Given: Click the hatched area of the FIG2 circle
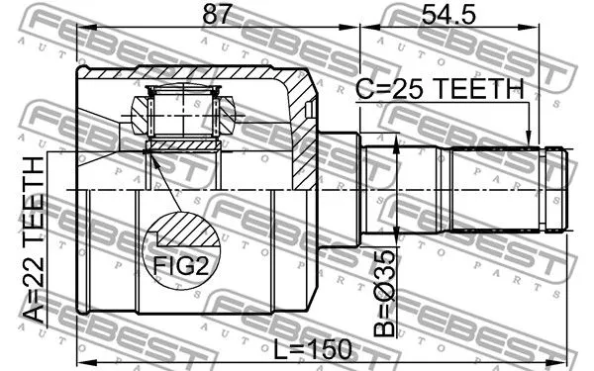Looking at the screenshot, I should pyautogui.click(x=186, y=235).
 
